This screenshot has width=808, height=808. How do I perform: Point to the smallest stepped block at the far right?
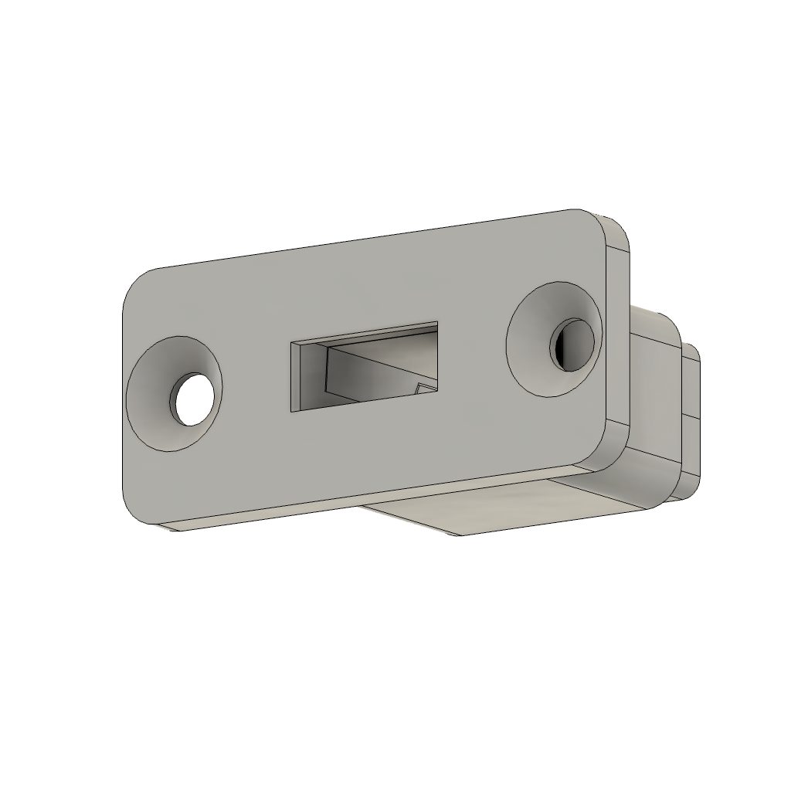[x=691, y=417]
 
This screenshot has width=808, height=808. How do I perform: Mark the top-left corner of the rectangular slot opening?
[x=292, y=342]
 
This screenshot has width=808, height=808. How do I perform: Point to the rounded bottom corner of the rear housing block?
[x=657, y=494]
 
